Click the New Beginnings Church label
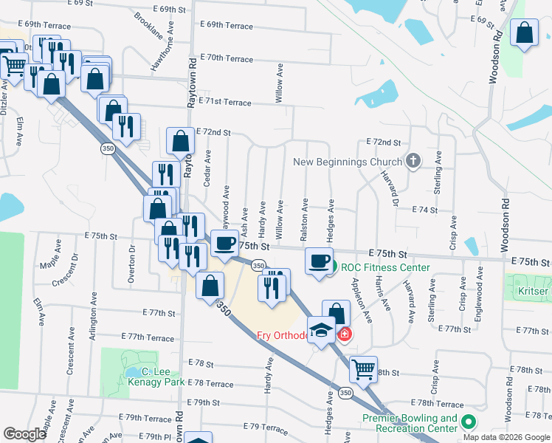click(x=348, y=162)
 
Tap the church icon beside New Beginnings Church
click(x=413, y=160)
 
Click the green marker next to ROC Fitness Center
click(x=333, y=267)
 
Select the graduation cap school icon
click(x=321, y=330)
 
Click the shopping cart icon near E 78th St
click(x=362, y=368)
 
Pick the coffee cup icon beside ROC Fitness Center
click(x=319, y=261)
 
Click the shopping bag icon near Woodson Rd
click(x=524, y=33)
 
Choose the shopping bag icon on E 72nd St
click(x=181, y=140)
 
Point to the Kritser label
click(x=532, y=291)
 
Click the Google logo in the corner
click(x=24, y=433)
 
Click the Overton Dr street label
click(x=133, y=259)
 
